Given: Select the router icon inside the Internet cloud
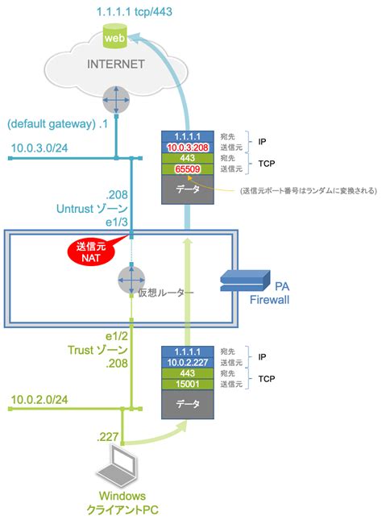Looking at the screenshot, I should (117, 101).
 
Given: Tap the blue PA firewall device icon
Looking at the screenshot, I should (244, 281).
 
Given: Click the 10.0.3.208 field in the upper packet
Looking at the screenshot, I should (189, 148).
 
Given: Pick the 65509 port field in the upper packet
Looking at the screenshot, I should (189, 170).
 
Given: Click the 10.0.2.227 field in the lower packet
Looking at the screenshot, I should (189, 362).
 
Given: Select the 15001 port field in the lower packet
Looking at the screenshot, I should (189, 385).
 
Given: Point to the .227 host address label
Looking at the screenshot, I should (108, 436).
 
